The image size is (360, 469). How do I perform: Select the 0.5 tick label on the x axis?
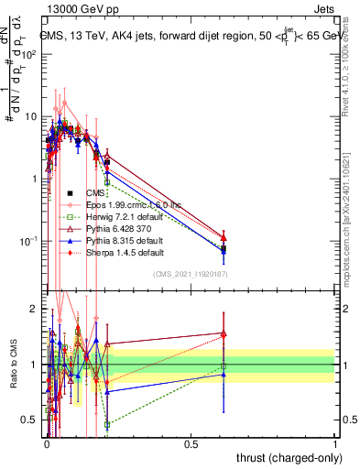coord(191,444)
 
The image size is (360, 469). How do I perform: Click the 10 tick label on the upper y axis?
coord(31,116)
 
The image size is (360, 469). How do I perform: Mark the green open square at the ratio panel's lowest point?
coord(107,425)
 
